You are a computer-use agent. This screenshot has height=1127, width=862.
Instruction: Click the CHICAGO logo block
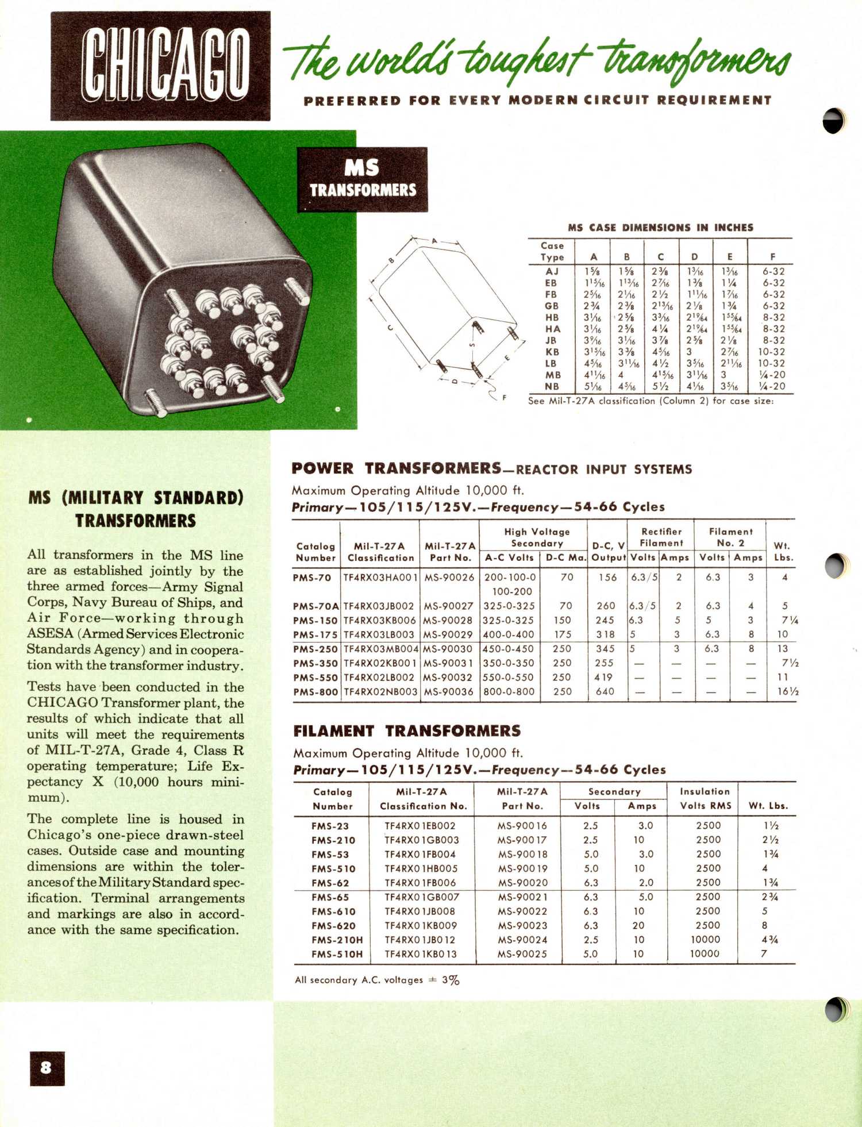(x=160, y=66)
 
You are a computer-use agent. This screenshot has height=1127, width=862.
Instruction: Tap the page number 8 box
(x=47, y=1068)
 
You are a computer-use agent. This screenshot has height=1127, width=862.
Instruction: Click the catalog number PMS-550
(x=315, y=678)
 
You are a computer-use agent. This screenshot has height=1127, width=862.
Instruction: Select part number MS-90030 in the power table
(x=448, y=649)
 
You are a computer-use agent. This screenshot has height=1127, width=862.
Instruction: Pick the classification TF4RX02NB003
(x=380, y=692)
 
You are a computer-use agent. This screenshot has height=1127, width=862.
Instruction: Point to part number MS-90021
(x=522, y=897)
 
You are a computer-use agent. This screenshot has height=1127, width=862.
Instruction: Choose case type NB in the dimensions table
(x=552, y=387)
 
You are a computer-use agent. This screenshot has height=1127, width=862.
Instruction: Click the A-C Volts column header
(x=509, y=557)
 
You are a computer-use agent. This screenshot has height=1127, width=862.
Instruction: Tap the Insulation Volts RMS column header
(x=705, y=799)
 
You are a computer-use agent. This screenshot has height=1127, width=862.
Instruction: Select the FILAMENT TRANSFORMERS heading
(x=407, y=731)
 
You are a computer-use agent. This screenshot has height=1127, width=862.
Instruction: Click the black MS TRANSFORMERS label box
(x=362, y=179)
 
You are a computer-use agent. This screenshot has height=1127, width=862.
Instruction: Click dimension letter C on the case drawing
(x=390, y=328)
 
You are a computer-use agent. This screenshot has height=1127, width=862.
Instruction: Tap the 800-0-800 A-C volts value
(x=509, y=692)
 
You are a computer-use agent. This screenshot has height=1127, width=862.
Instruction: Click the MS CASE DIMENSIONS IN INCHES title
(x=660, y=228)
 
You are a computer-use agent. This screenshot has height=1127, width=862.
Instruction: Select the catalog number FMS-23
(x=330, y=826)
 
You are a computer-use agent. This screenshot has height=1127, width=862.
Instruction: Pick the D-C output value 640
(x=605, y=692)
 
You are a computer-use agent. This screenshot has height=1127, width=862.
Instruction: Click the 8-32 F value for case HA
(x=774, y=329)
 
